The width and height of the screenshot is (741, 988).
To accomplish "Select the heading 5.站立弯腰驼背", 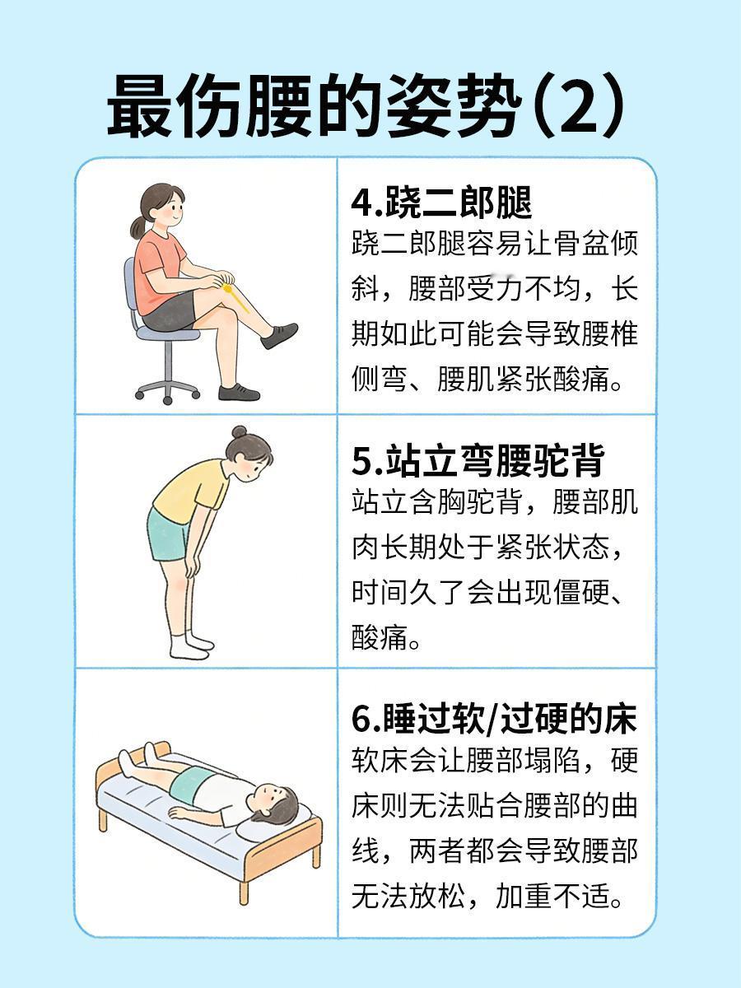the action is (478, 459).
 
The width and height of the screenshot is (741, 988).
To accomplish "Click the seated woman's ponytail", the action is (138, 228).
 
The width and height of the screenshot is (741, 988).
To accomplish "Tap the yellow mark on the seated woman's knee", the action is (235, 296).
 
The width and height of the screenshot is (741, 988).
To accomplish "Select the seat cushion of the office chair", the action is (167, 334).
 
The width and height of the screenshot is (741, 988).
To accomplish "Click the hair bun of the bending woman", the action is (240, 432).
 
